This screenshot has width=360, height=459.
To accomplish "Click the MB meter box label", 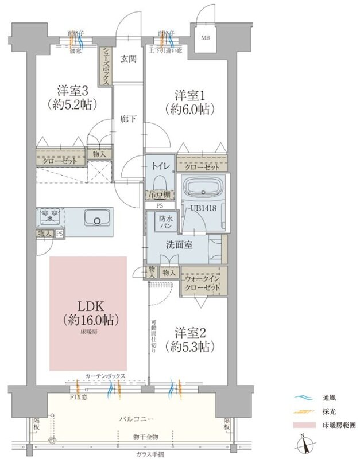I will [x=205, y=38].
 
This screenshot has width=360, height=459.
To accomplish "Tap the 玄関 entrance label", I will [x=128, y=58].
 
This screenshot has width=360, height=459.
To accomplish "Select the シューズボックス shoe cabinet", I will [x=105, y=65].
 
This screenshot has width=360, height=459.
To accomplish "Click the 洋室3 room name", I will [x=72, y=91].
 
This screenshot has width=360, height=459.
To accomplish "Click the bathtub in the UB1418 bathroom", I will [x=204, y=189].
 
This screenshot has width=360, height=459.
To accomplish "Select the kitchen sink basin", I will [x=96, y=218].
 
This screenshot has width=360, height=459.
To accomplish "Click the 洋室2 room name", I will [x=189, y=332].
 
